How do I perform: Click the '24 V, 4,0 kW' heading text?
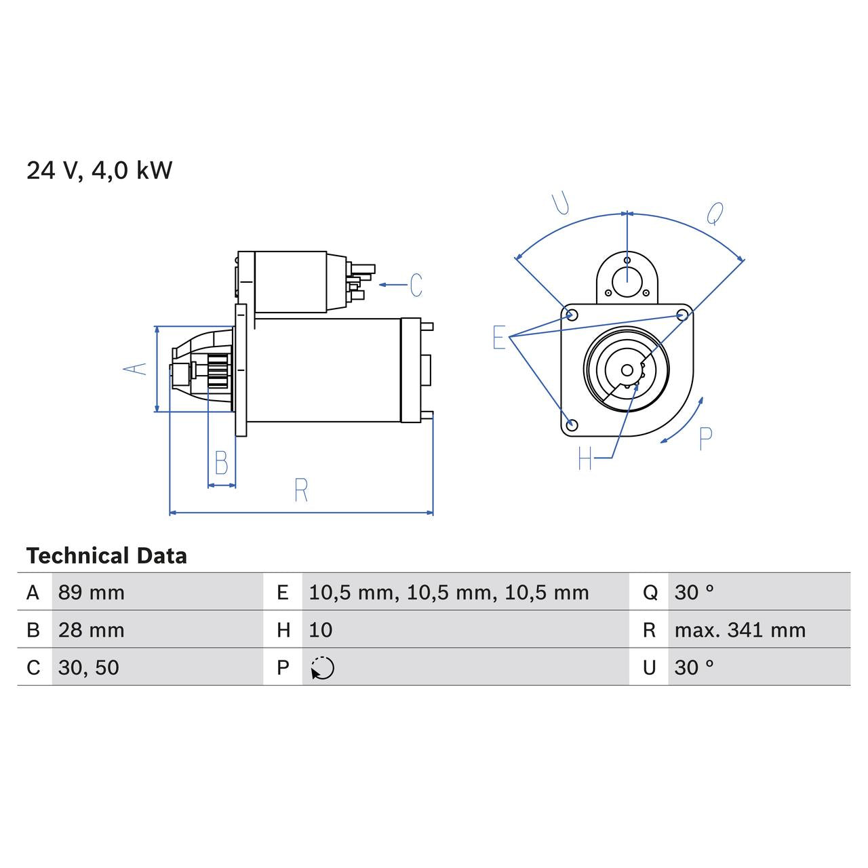(x=99, y=170)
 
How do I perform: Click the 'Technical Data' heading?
(x=106, y=556)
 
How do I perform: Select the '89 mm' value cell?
(x=92, y=593)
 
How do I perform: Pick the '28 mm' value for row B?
(x=92, y=630)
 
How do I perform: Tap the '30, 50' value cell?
(x=89, y=667)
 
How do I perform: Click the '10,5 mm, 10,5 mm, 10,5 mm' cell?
(x=448, y=593)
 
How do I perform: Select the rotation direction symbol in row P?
(x=323, y=668)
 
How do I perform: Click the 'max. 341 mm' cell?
(x=740, y=630)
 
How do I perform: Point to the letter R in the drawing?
(x=301, y=490)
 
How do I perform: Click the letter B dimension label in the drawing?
(x=221, y=463)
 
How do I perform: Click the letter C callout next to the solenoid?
(x=416, y=285)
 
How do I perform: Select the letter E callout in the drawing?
(x=499, y=337)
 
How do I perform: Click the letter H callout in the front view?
(x=585, y=459)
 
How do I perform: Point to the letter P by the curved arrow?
(x=705, y=439)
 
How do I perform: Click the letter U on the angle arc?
(x=560, y=203)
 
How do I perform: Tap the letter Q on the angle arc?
(x=715, y=214)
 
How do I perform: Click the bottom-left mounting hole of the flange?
(x=572, y=425)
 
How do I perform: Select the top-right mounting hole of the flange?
(x=683, y=315)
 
